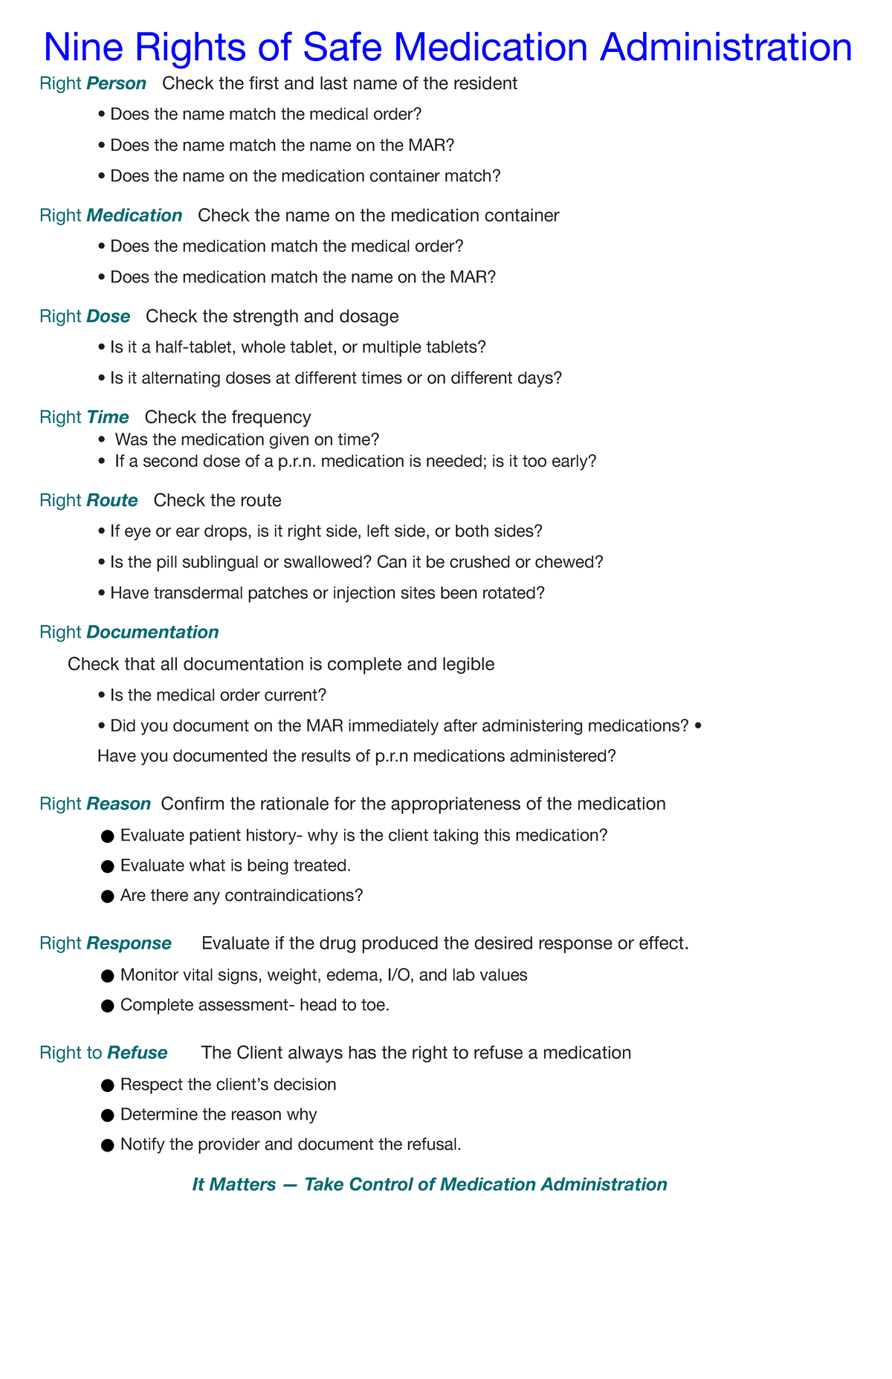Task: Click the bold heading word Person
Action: pyautogui.click(x=116, y=83)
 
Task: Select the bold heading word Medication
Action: pyautogui.click(x=134, y=216)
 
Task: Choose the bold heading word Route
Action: pyautogui.click(x=111, y=500)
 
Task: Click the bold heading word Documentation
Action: pyautogui.click(x=152, y=632)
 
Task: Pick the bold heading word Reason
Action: pyautogui.click(x=118, y=804)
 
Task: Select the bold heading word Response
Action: pyautogui.click(x=129, y=943)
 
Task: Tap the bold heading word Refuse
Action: pyautogui.click(x=138, y=1053)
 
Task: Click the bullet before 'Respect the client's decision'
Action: pyautogui.click(x=106, y=1085)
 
